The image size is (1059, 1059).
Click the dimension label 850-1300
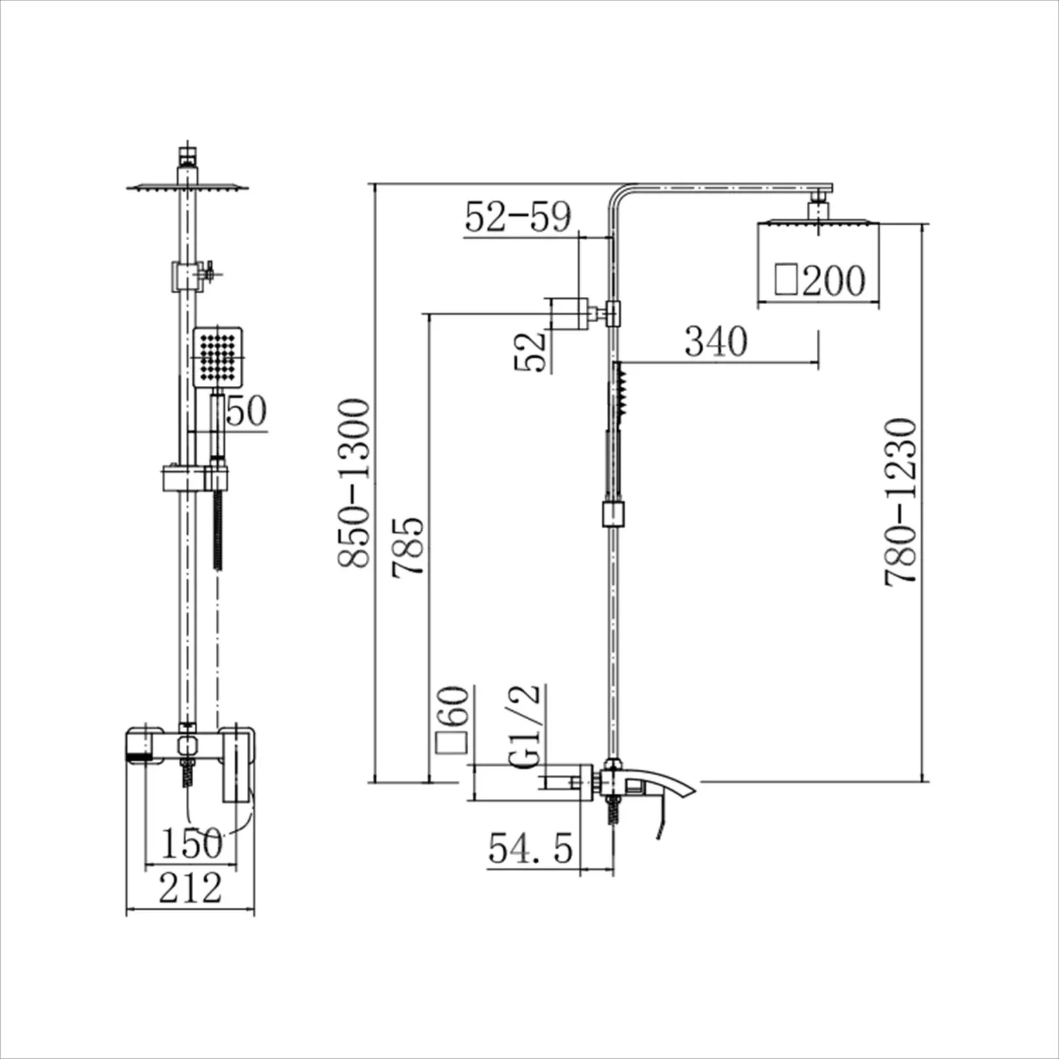pos(354,483)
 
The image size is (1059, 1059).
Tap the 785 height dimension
pos(408,546)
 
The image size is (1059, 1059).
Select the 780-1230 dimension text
pos(900,502)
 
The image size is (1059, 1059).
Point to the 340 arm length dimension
pos(716,341)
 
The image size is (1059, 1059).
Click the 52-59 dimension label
pos(518,216)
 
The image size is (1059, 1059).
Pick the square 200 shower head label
pos(820,280)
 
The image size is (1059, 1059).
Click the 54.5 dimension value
pos(531,847)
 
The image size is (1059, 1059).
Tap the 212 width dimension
pos(190,887)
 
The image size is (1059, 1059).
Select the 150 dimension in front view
pos(192,843)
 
